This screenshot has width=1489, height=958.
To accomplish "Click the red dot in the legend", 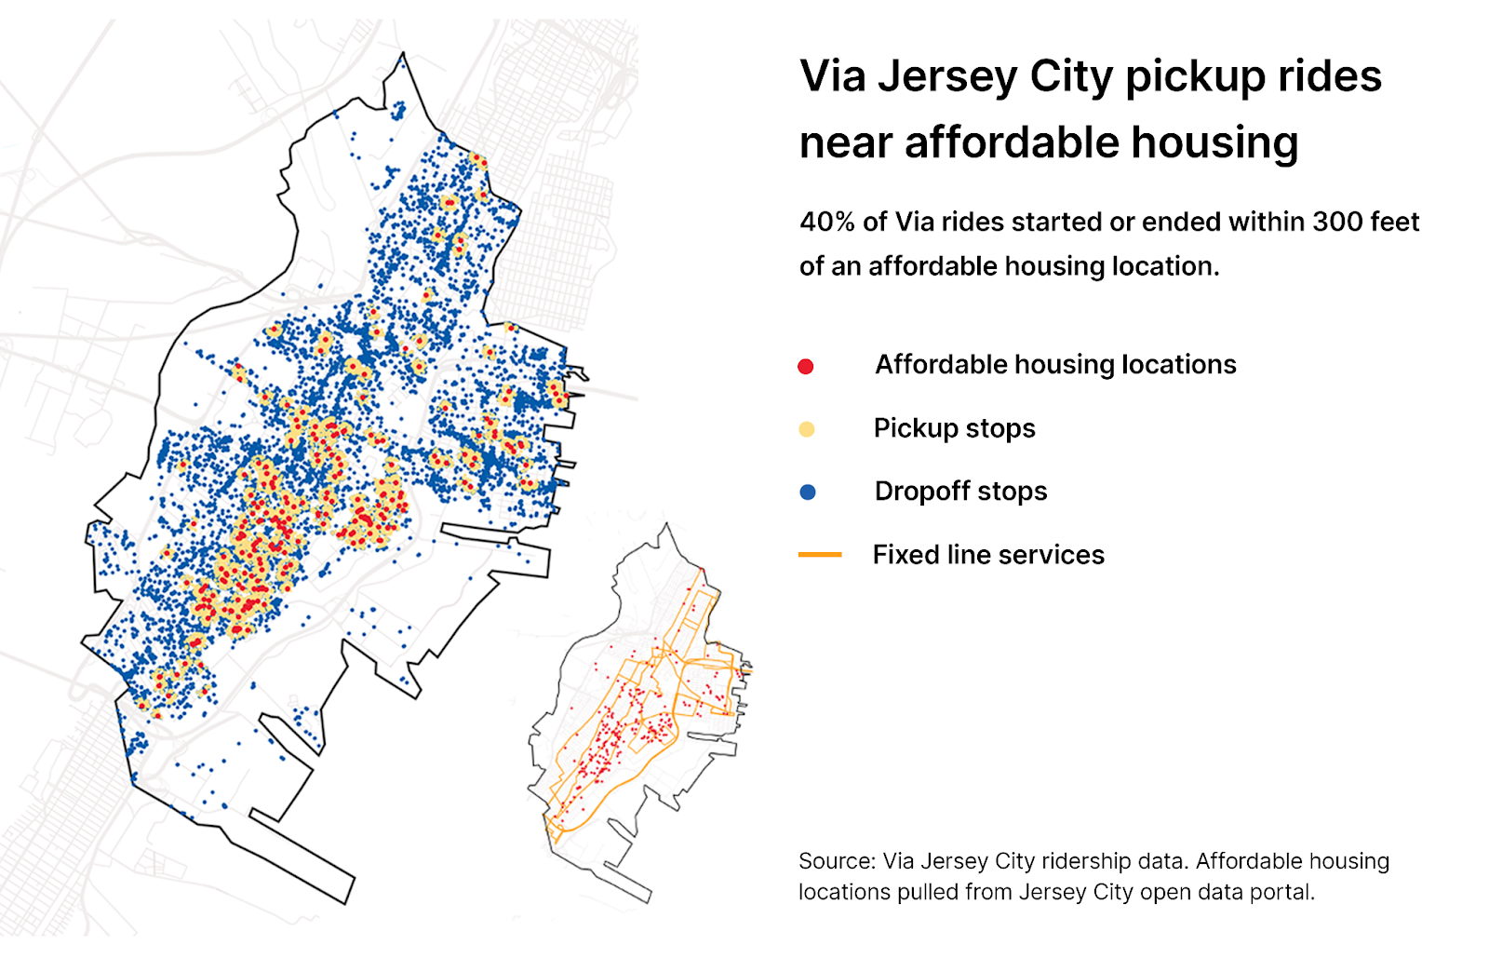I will tap(806, 367).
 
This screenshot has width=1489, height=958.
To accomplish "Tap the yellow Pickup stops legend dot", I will tap(807, 429).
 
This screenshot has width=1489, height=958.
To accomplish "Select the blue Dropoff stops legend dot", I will tap(808, 492).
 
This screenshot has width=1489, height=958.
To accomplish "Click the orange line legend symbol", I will tap(820, 555).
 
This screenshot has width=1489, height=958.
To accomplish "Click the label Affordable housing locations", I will tap(1055, 364).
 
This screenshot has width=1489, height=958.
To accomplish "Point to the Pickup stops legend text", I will tap(954, 428).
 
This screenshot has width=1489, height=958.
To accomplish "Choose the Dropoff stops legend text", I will tap(960, 492).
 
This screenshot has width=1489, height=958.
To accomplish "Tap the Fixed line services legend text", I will tap(988, 555).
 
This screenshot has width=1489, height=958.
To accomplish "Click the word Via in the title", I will tap(832, 76).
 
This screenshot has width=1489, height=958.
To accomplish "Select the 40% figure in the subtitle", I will tap(826, 222).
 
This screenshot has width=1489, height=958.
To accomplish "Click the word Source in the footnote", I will tap(835, 861).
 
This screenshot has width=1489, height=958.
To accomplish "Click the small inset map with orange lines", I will tap(642, 717).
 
